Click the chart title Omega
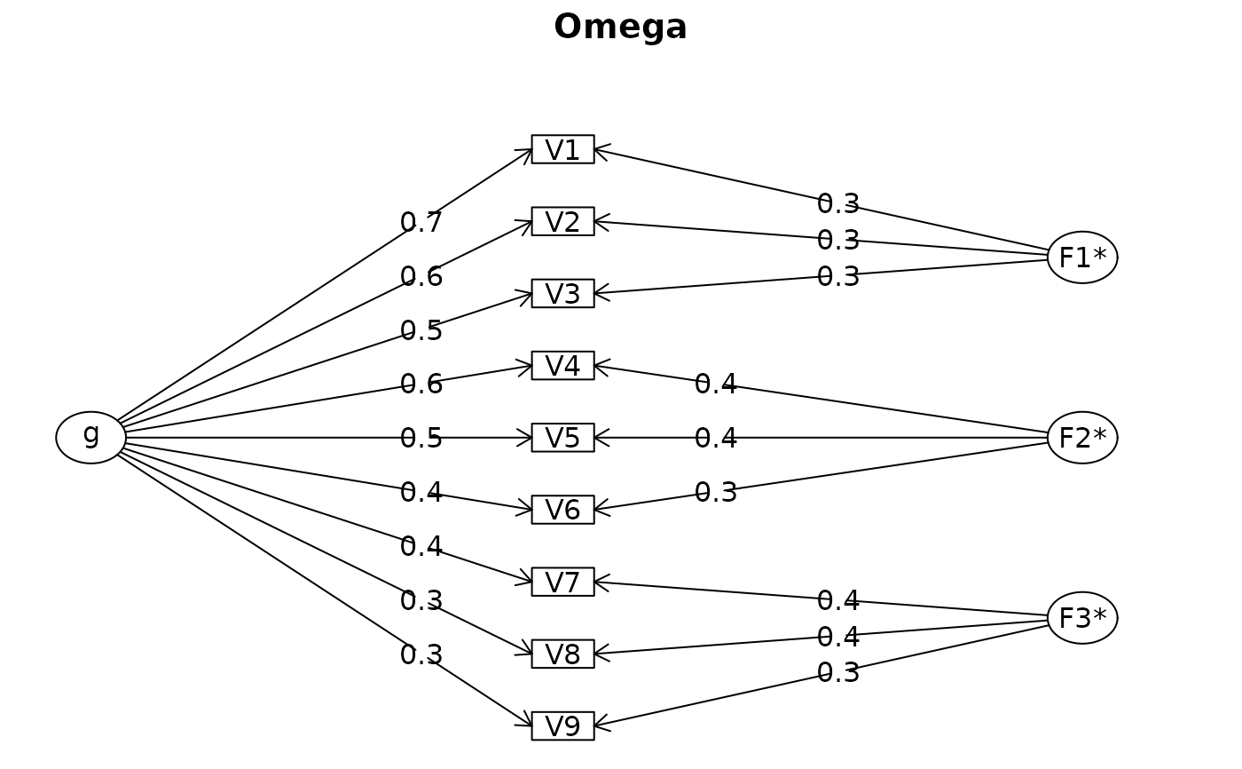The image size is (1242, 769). click(620, 27)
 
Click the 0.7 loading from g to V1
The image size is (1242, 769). click(421, 223)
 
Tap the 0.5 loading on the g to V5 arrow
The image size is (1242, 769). click(421, 439)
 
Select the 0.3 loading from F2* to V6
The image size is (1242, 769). click(716, 492)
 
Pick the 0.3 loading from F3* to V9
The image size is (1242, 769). click(838, 672)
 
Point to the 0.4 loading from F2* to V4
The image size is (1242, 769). click(716, 384)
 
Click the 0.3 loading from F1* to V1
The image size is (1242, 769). click(838, 203)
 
